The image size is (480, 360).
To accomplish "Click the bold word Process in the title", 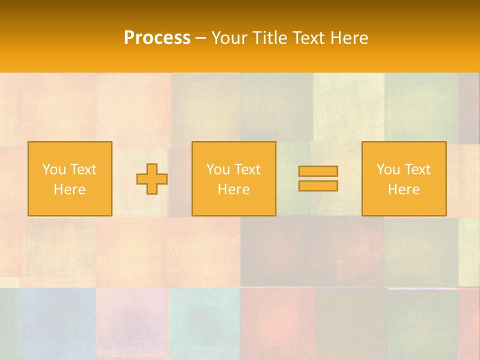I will click(x=157, y=38).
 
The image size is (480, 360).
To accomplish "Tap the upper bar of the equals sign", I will click(x=318, y=171).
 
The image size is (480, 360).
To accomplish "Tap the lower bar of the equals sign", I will click(x=318, y=186).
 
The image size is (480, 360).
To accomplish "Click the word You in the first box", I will click(x=54, y=169).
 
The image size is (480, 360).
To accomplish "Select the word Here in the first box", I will click(x=69, y=189).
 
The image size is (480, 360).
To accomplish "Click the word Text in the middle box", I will click(x=247, y=169).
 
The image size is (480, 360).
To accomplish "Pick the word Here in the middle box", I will click(x=233, y=189).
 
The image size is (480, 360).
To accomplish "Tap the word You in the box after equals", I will click(x=388, y=169).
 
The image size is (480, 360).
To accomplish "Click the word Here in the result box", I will click(x=403, y=189).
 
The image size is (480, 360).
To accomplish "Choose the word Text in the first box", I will click(x=83, y=169).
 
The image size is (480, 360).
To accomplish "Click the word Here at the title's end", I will click(x=351, y=38).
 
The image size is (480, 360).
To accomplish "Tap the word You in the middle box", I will click(x=218, y=169).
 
